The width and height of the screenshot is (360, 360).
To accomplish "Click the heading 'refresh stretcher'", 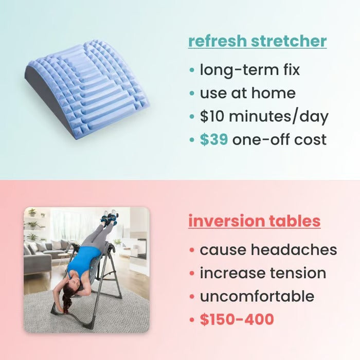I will pos(257,41).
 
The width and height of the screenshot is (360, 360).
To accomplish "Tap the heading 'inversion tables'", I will pos(254,221).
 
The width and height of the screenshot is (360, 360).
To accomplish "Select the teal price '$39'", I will pos(213,139).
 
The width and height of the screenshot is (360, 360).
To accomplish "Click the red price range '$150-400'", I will pos(237,319).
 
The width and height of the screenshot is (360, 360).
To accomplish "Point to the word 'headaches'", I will pos(294,250).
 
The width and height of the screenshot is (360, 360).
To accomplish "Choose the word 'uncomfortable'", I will pos(257,296).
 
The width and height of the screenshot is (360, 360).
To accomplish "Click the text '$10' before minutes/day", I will pos(212,116).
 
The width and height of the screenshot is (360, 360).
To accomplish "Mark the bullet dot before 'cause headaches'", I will pos(192,250).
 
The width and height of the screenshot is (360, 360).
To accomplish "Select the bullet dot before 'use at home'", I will pos(192,94).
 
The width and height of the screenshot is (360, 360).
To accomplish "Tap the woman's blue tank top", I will pos(83,262).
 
